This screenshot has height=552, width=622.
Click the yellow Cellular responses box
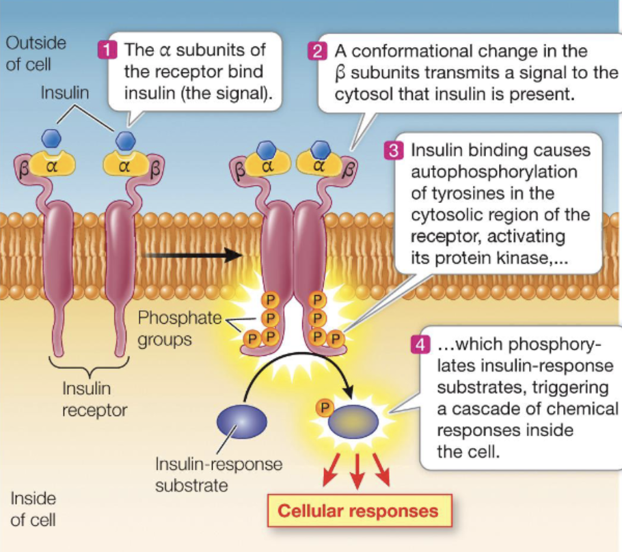tap(357, 510)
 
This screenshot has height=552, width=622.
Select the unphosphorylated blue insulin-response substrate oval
tap(241, 422)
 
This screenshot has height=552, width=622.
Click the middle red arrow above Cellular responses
tap(356, 471)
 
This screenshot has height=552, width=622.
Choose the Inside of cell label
tap(33, 509)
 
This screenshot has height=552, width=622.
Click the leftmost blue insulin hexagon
tap(51, 139)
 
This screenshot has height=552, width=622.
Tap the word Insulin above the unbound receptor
tap(65, 93)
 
